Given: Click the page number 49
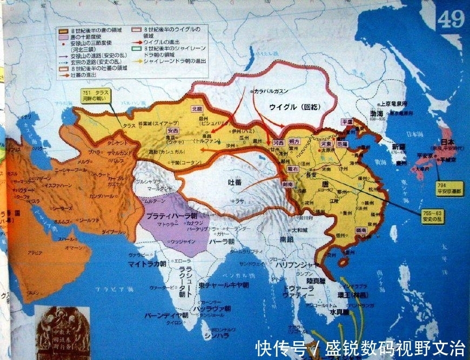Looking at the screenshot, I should click(451, 20).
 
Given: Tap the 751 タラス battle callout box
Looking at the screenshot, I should click(96, 96).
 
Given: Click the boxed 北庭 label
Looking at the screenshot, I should click(197, 108).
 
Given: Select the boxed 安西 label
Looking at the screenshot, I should click(173, 130).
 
